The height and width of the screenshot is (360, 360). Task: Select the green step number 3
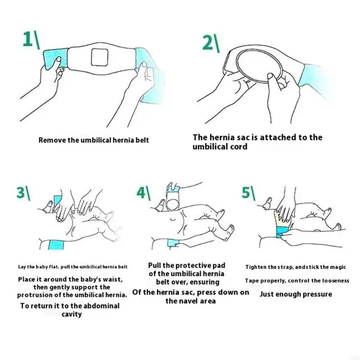(21, 192)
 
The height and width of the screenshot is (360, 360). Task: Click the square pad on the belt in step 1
(99, 57)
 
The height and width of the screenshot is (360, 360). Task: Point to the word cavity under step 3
(72, 314)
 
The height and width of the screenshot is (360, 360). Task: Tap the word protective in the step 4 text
(194, 265)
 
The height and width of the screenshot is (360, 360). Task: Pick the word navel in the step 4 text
(188, 301)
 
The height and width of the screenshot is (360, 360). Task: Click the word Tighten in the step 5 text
(254, 267)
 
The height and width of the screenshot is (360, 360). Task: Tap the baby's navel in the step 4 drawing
(173, 220)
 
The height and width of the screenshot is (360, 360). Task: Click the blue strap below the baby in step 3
(56, 245)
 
